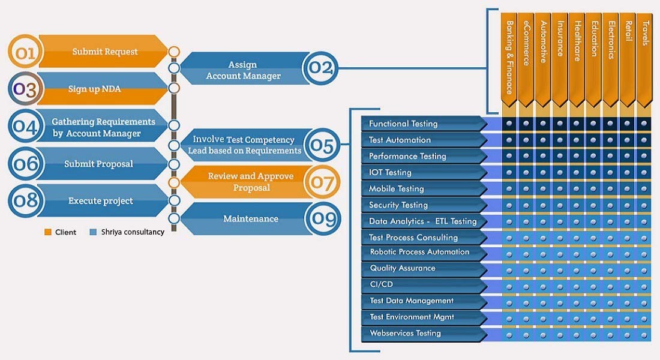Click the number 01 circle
25,52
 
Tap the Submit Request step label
105,52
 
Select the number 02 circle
320,68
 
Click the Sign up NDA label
94,89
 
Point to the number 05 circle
322,145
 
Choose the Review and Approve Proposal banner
250,182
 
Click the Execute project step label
100,200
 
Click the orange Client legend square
48,232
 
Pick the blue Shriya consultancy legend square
92,232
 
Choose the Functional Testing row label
403,124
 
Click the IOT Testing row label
390,172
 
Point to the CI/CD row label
382,284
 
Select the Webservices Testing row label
405,333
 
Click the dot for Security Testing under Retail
628,205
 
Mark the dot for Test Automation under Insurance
560,140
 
